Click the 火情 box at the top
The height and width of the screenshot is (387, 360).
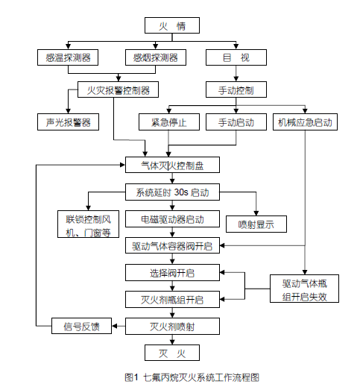(172, 25)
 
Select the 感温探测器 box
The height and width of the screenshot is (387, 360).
(68, 57)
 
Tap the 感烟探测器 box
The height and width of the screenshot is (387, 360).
(156, 57)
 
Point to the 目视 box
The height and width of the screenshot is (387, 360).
(236, 57)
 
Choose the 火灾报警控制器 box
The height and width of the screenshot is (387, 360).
(118, 89)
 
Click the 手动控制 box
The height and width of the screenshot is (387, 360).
(236, 89)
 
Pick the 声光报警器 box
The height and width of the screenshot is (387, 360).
(68, 122)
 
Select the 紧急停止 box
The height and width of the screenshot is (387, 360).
(169, 122)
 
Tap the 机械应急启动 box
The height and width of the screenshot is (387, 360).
(305, 122)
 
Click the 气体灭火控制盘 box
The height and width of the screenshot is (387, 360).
(172, 165)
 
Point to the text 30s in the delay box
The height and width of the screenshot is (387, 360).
(181, 192)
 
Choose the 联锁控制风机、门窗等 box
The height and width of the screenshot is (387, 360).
(88, 224)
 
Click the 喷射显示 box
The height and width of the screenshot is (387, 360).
(256, 224)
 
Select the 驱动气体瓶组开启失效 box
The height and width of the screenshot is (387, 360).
(304, 289)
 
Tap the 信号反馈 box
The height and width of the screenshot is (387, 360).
(81, 326)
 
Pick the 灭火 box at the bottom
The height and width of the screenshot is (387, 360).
(172, 353)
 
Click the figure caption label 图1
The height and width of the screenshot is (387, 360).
(131, 377)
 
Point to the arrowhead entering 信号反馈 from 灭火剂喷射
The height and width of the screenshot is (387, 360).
(115, 326)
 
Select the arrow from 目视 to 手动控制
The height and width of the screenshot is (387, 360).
(236, 74)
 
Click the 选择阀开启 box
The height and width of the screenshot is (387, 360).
(172, 273)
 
